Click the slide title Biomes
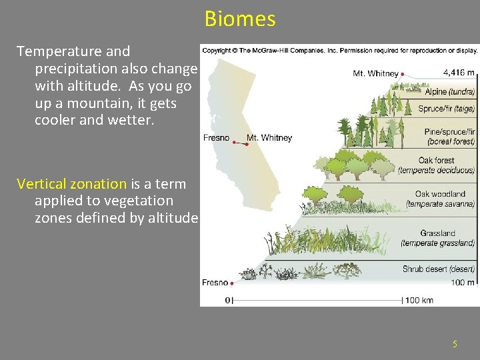pos(240,19)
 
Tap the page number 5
pos(455,344)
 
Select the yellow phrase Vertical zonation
pos(71,183)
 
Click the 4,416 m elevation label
pos(459,73)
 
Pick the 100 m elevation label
pos(462,283)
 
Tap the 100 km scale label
pos(419,300)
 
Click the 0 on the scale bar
pos(228,300)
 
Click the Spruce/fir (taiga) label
pos(446,108)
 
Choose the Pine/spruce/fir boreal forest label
pos(449,137)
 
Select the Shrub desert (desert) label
pos(438,269)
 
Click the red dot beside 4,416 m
pos(403,73)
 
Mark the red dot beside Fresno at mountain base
pos(231,283)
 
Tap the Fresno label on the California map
pos(216,138)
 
